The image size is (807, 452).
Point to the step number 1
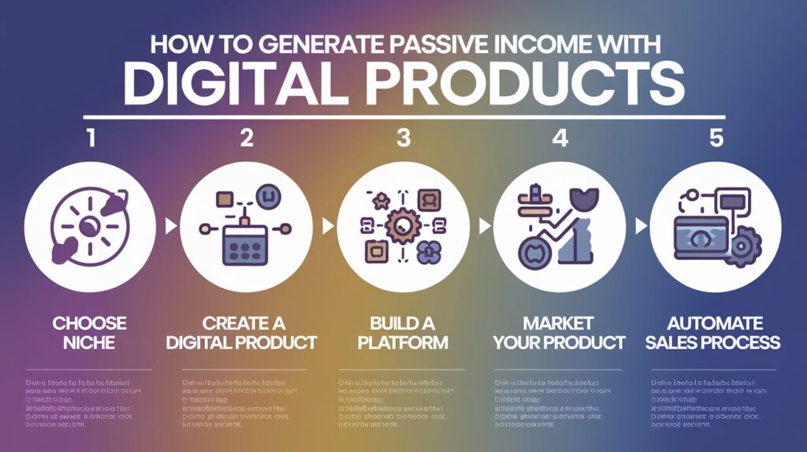[x=92, y=139]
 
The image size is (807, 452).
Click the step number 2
[x=247, y=139]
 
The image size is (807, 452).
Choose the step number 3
[x=403, y=139]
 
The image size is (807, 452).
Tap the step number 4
[x=560, y=139]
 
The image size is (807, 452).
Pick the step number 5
[x=716, y=139]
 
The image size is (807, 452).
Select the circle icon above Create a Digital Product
[x=246, y=226]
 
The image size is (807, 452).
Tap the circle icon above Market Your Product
[x=560, y=226]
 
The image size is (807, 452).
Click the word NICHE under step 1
[x=91, y=343]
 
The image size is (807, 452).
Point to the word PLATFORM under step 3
[x=403, y=343]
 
